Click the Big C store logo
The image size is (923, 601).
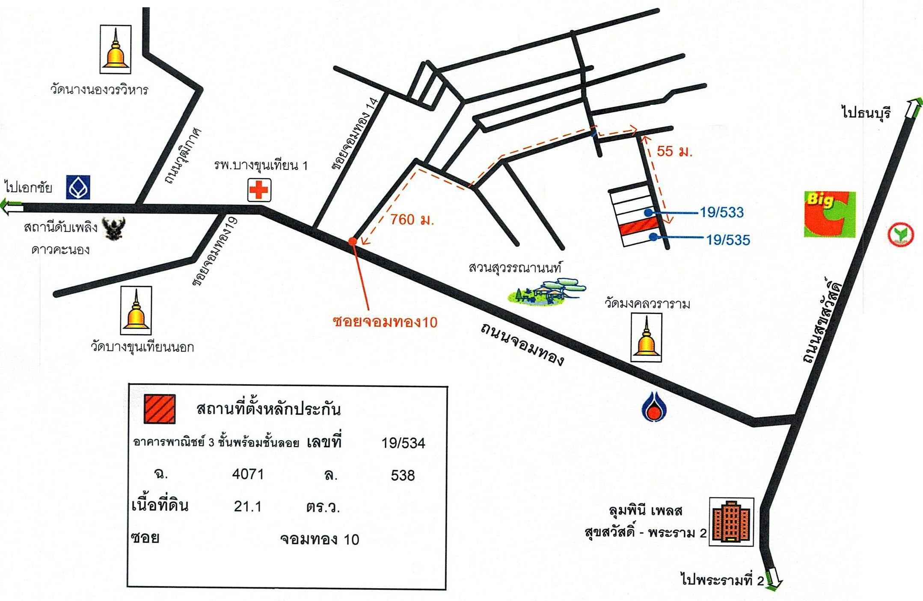pos(829,214)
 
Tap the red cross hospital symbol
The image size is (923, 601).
pos(259,190)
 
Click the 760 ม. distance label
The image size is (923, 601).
pos(412,219)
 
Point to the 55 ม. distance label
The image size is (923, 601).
pos(674,151)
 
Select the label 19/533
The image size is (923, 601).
pos(722,212)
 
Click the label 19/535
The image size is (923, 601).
pos(728,240)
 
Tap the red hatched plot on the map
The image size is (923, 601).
pos(638,225)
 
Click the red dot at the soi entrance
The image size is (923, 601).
pos(353,241)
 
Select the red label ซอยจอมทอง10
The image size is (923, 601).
pos(385,322)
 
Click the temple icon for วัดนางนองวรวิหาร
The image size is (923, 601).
pos(116,49)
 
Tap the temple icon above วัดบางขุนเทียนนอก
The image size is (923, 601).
pos(136,310)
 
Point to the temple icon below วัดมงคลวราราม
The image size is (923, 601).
pos(646,338)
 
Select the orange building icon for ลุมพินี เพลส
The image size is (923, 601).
pos(732,522)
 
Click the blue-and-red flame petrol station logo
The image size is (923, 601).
pos(653,407)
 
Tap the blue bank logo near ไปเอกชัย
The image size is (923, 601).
pos(78,187)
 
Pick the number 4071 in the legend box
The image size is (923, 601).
pos(248,474)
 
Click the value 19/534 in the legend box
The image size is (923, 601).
pos(404,443)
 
